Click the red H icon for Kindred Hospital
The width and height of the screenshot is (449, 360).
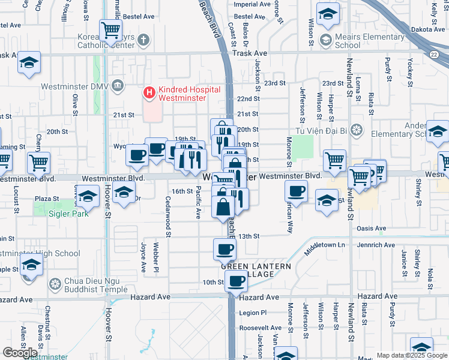(148, 93)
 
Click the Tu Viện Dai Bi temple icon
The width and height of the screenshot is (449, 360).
(356, 130)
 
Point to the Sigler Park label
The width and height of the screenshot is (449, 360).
(69, 213)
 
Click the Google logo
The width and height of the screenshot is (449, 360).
(20, 352)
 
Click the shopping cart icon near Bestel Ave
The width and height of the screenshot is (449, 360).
(111, 29)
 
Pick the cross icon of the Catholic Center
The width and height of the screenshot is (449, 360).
(142, 41)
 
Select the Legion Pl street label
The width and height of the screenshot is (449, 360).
(253, 313)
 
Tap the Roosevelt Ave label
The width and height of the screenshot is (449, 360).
(260, 328)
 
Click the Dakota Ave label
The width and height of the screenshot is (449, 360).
(427, 27)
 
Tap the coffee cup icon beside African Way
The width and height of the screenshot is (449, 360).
(296, 192)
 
